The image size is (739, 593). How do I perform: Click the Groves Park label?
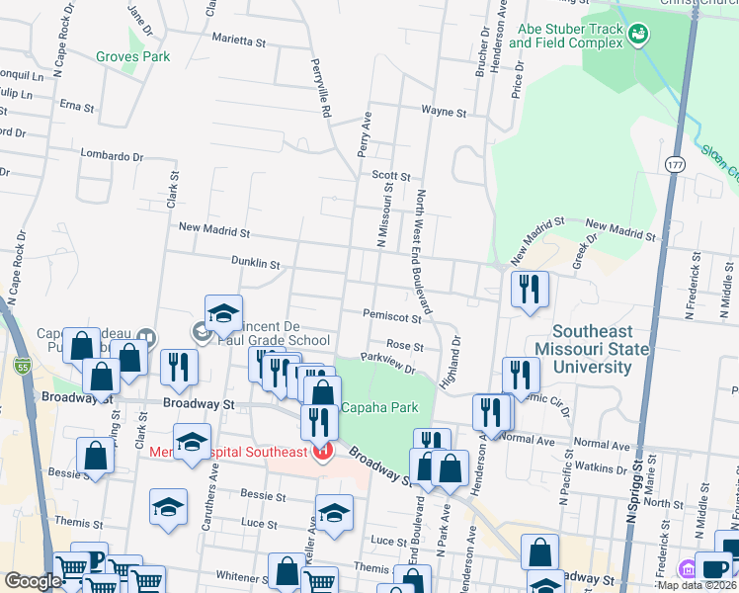tap(132, 56)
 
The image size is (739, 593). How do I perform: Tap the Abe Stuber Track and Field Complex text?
tap(571, 37)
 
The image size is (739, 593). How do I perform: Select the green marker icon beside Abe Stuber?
tap(640, 35)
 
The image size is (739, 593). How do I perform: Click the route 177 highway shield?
tap(675, 163)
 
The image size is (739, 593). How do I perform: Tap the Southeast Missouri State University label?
tap(592, 350)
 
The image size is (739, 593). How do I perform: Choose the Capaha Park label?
tap(379, 407)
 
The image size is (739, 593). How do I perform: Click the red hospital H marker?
tap(321, 453)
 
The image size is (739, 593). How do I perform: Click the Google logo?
tap(33, 581)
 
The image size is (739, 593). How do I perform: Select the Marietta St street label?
tap(239, 42)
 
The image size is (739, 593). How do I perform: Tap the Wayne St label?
tap(443, 112)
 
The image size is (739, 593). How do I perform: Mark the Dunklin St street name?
tap(257, 265)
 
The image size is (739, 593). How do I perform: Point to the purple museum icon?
tap(688, 569)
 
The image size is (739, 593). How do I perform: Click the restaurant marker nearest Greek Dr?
tap(530, 289)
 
